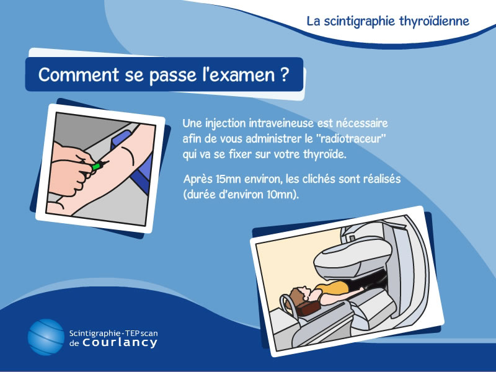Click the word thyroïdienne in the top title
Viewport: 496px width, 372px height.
(434, 22)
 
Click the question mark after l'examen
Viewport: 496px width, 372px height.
(285, 74)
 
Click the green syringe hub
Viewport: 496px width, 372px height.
(96, 166)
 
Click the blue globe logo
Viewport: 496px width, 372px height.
(46, 337)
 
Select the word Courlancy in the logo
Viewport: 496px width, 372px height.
(120, 342)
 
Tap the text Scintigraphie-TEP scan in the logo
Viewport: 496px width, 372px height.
(113, 333)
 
